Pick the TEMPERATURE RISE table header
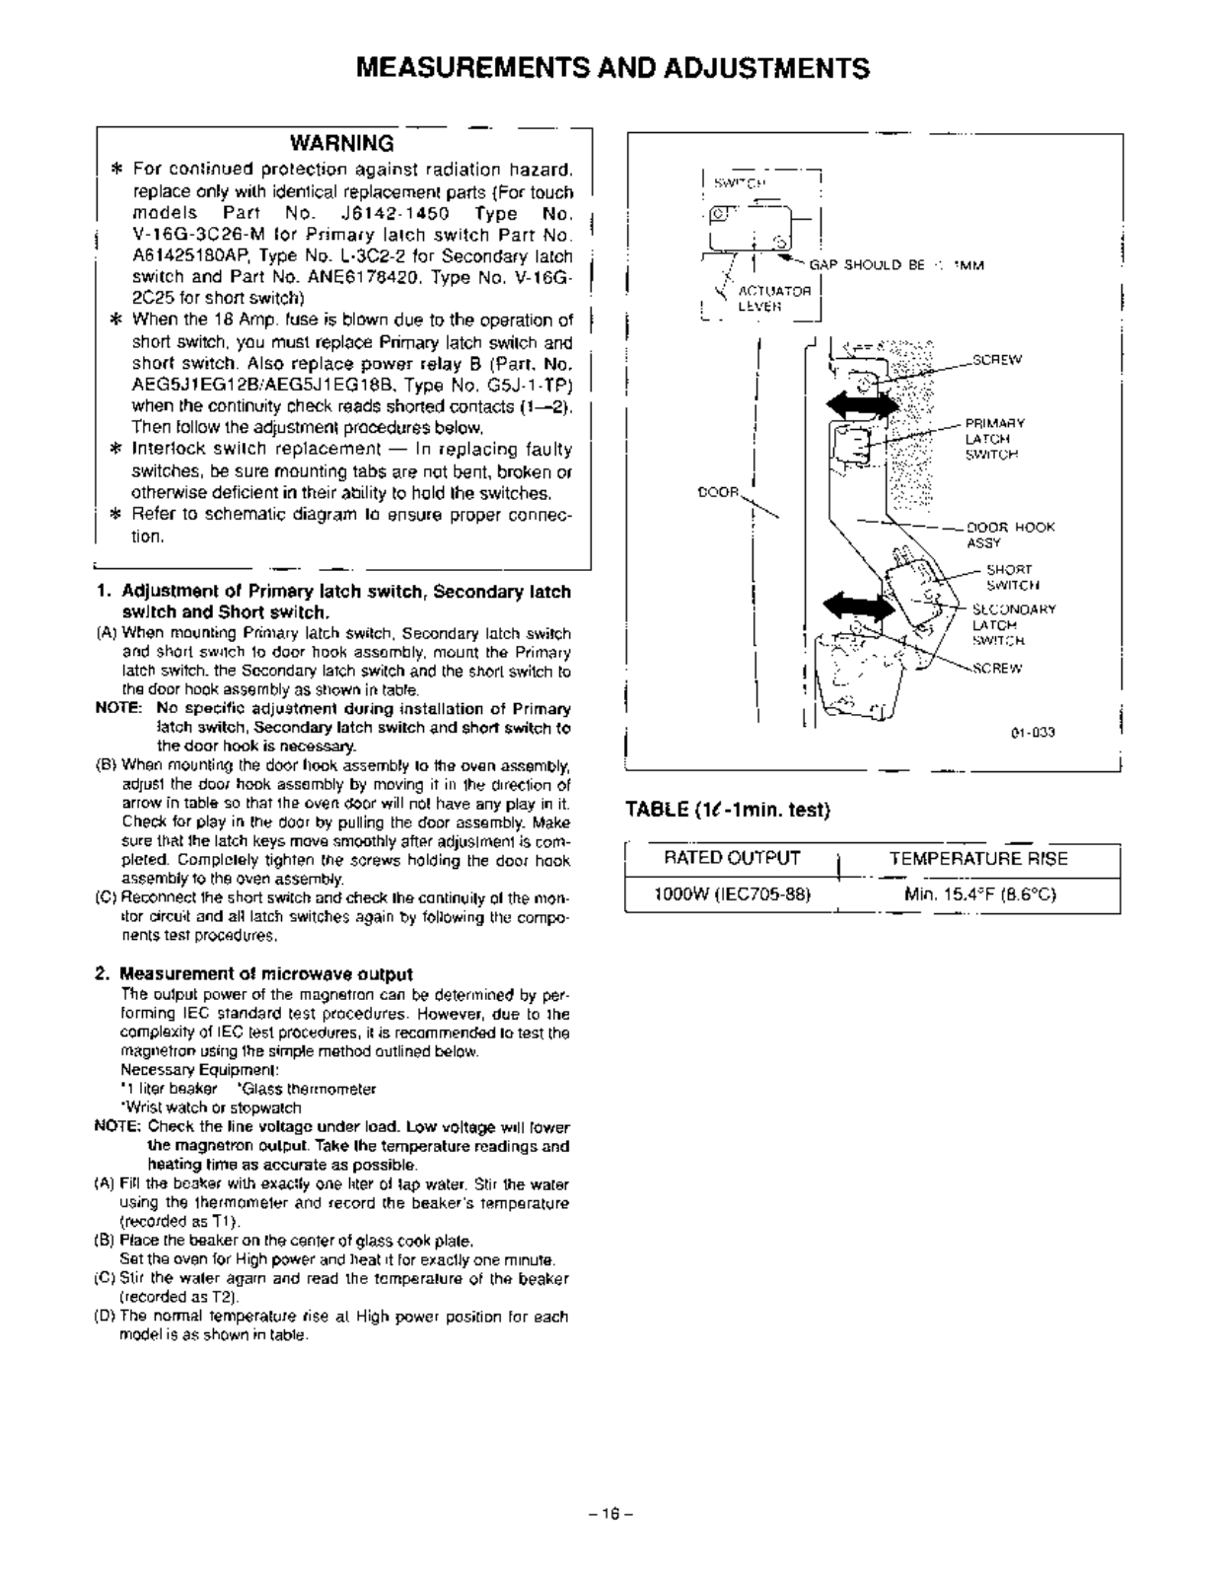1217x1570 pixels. pos(977,858)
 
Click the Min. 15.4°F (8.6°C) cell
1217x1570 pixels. pos(979,894)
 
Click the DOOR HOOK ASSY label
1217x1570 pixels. pos(1010,535)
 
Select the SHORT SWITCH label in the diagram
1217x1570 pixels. pos(1009,577)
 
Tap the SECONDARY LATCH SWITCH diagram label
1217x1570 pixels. pos(1013,624)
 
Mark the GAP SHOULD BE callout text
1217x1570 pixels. pos(895,264)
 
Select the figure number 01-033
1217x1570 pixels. pos(1033,733)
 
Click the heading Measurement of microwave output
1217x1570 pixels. pos(266,973)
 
